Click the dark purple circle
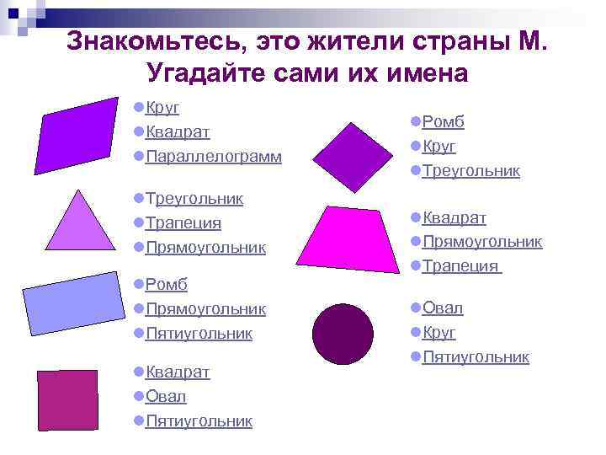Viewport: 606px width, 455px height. click(342, 335)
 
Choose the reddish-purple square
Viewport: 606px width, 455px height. click(67, 399)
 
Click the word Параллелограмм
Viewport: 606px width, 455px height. click(213, 158)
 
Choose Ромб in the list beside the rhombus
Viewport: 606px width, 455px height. click(443, 122)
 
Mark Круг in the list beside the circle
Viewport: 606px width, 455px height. click(439, 333)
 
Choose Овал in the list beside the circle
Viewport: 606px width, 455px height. click(442, 308)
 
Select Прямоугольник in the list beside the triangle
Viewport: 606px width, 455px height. click(205, 248)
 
